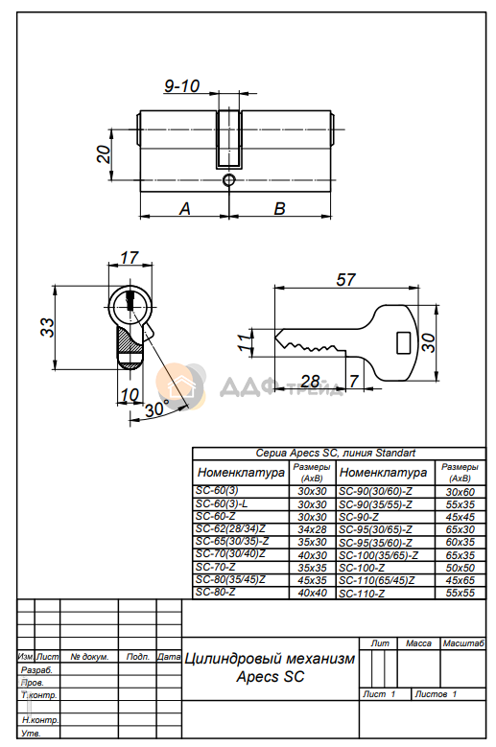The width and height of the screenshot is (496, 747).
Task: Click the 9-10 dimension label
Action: tap(181, 86)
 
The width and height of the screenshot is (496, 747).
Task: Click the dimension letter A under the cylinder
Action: tap(184, 208)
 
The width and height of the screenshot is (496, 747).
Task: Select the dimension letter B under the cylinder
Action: tap(280, 208)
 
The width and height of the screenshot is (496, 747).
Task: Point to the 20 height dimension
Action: tap(104, 153)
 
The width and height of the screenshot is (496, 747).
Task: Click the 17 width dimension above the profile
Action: tap(130, 258)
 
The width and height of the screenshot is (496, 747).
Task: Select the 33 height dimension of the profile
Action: tap(48, 327)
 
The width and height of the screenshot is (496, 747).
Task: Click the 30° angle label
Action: tap(156, 409)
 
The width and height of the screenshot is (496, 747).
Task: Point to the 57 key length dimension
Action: tap(346, 280)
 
